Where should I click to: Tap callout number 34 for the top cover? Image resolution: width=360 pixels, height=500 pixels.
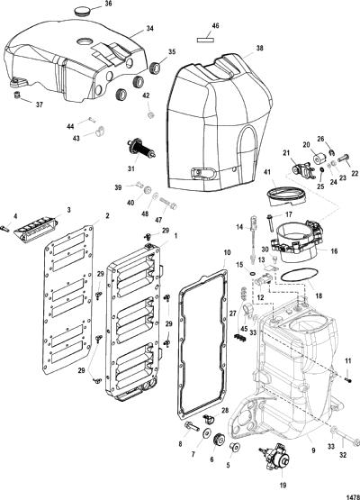click(149, 29)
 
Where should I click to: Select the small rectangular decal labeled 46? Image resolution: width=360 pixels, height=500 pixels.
click(205, 40)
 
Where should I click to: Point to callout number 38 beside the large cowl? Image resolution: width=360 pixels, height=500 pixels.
click(259, 48)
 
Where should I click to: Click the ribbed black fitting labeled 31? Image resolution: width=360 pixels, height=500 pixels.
click(141, 149)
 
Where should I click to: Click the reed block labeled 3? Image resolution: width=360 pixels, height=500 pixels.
click(36, 231)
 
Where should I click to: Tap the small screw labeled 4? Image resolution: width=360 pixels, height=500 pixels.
click(5, 228)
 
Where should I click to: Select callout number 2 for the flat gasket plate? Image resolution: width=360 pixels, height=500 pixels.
click(107, 216)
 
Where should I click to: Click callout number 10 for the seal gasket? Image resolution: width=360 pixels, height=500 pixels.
click(227, 252)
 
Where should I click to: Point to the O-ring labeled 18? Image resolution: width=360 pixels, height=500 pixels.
click(299, 275)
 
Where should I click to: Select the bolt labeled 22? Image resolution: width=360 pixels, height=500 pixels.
click(344, 158)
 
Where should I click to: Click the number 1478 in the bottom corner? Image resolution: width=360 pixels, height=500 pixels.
click(353, 496)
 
